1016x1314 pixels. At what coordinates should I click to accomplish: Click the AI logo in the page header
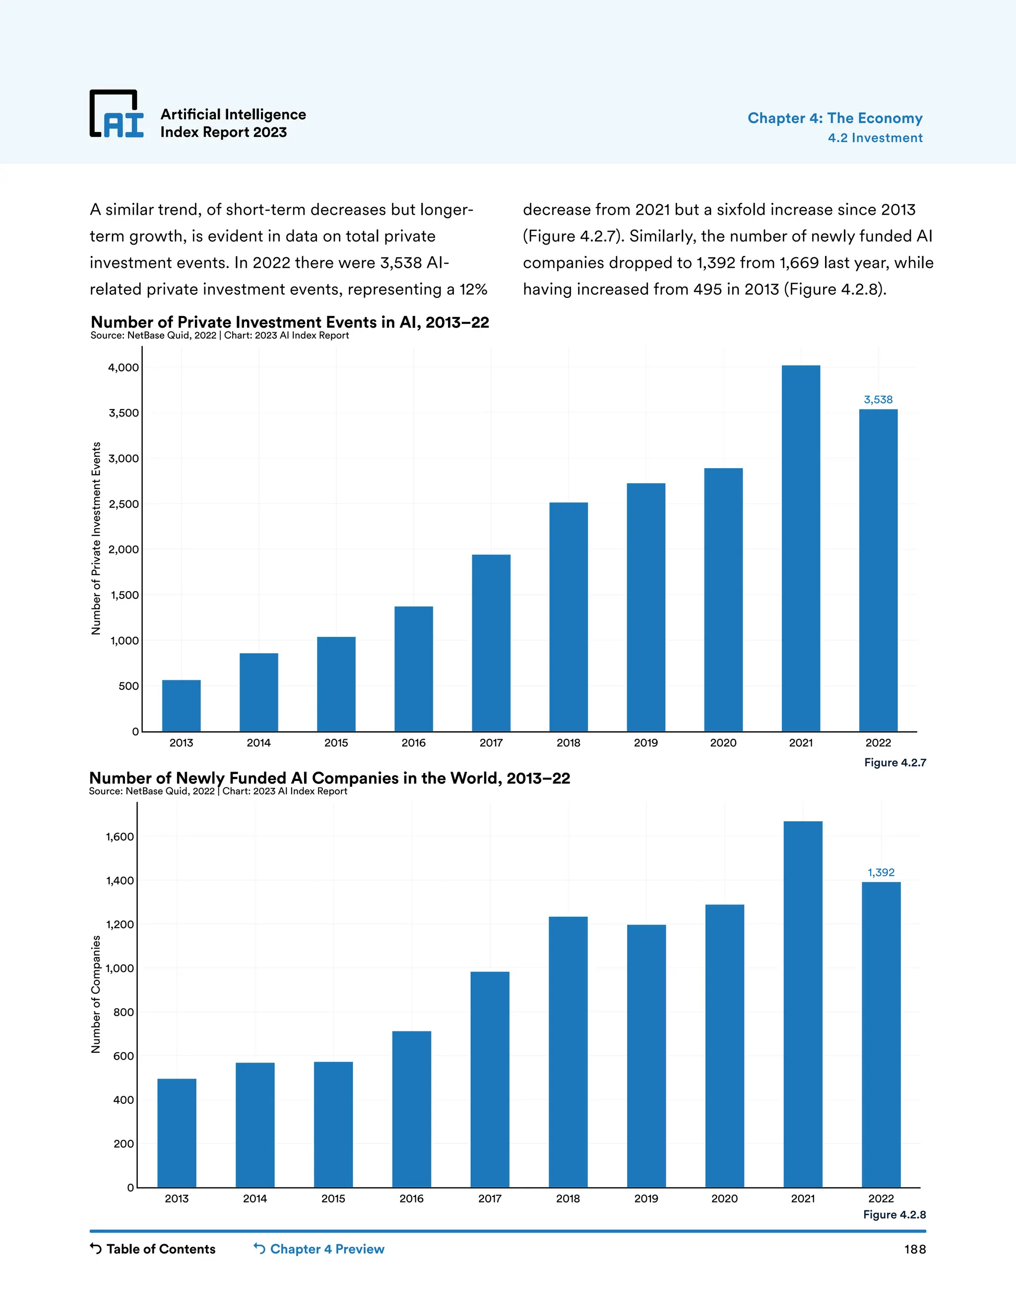(x=117, y=115)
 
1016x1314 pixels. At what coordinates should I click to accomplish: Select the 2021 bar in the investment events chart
(x=801, y=548)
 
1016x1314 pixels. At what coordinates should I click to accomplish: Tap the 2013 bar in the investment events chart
(x=181, y=706)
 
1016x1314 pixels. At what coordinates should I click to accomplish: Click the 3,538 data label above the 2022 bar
(x=878, y=400)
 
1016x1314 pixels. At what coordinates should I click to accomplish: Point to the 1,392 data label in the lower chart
(x=881, y=872)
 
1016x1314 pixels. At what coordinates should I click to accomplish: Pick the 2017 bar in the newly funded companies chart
(x=490, y=1079)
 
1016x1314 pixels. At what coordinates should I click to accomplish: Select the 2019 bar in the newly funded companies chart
(x=646, y=1056)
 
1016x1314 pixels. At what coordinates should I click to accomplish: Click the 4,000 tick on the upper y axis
(x=123, y=367)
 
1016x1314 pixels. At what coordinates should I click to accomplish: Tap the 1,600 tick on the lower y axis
(x=120, y=837)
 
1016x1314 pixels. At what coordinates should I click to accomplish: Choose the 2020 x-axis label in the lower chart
(x=724, y=1198)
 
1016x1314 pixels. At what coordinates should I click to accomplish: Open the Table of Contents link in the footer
(x=153, y=1249)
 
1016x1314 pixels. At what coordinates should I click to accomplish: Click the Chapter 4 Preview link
(x=319, y=1249)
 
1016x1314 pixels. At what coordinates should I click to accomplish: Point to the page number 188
(x=914, y=1250)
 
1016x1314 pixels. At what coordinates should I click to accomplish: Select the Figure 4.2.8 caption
(x=894, y=1215)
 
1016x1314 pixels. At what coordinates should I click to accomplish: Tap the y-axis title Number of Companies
(x=96, y=995)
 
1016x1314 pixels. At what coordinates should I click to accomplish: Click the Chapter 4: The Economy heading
(x=835, y=118)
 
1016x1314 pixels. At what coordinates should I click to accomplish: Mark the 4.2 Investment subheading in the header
(x=875, y=138)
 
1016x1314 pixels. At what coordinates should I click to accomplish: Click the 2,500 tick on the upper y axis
(x=123, y=504)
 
